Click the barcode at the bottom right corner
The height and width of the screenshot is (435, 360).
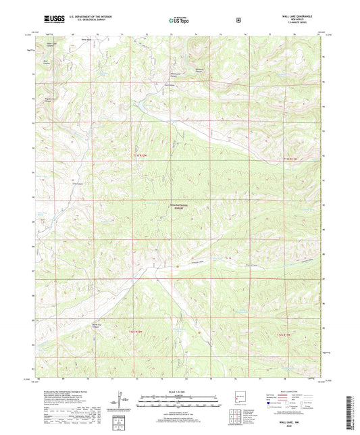click(350, 408)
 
